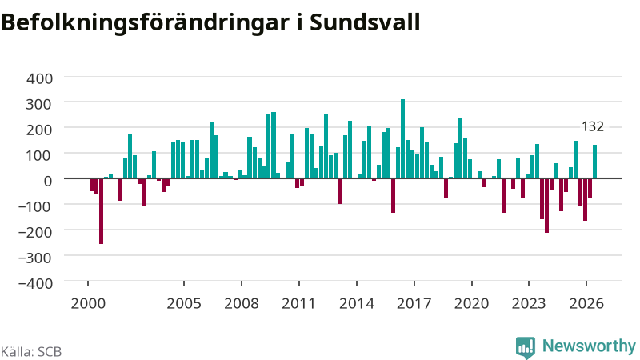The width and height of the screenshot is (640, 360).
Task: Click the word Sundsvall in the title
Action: point(365,22)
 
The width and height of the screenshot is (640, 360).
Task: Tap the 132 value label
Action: point(593,126)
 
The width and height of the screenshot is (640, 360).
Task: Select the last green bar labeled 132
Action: point(594,162)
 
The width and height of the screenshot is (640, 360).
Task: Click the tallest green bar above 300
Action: point(403,138)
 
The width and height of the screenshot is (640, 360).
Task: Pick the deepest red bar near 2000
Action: point(102,211)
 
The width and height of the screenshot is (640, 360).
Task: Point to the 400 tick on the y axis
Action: point(39,78)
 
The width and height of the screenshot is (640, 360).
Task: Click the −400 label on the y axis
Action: point(36,283)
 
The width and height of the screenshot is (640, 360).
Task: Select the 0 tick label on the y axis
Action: point(48,181)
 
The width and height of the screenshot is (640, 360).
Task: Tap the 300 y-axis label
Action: point(39,104)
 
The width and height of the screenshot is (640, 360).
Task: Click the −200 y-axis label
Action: point(36,232)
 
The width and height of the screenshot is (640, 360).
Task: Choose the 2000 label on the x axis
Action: point(88,304)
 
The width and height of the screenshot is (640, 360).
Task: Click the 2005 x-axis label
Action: point(184,304)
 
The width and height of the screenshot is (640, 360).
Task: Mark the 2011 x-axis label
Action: point(298,304)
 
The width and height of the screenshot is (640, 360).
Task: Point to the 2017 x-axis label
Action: point(414,304)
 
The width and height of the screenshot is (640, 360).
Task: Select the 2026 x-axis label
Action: point(586,304)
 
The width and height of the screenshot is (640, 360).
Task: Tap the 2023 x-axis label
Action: point(529,304)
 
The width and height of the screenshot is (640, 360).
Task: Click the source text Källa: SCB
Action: point(31,352)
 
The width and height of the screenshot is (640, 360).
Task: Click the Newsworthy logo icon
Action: point(526,348)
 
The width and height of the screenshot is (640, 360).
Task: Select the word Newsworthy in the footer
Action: point(589,346)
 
